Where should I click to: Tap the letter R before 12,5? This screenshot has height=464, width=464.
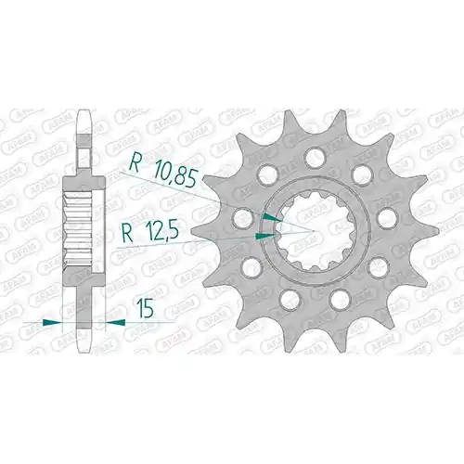pos(128,233)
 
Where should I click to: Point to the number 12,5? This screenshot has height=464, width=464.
pos(162,231)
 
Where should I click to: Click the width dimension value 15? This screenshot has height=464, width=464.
pos(145,308)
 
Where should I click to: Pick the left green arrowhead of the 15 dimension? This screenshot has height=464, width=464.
pos(52,323)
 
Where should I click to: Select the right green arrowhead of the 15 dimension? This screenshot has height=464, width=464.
pos(115,323)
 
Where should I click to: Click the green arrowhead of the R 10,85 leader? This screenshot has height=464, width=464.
pos(272,217)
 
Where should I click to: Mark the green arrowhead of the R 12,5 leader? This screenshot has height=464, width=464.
pos(264,237)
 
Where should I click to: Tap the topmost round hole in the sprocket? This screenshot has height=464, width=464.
pos(316,156)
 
